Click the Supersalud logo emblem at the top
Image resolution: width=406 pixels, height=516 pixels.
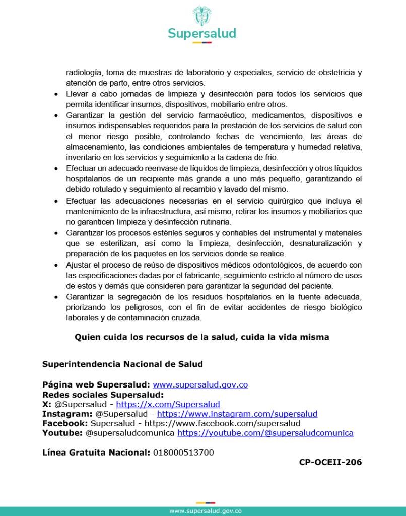[202, 17]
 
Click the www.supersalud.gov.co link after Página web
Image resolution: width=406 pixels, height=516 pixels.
[200, 384]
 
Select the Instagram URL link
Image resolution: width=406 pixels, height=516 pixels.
[237, 414]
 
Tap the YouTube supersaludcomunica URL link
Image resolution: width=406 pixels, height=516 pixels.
[265, 433]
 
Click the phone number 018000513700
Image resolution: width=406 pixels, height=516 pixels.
[183, 453]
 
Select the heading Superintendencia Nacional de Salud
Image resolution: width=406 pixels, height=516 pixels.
[122, 364]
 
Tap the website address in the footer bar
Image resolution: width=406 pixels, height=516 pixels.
[205, 511]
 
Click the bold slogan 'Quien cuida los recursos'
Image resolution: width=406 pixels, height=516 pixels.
[202, 337]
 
